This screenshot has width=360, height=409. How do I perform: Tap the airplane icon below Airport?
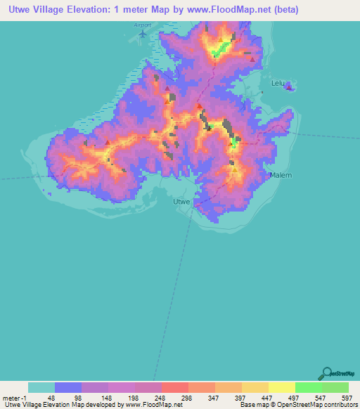pyautogui.click(x=143, y=33)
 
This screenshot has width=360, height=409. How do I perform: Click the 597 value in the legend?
pyautogui.click(x=347, y=398)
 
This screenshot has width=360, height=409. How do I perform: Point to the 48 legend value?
pyautogui.click(x=51, y=398)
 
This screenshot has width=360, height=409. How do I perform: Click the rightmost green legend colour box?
pyautogui.click(x=335, y=387)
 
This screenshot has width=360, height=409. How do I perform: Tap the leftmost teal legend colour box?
pyautogui.click(x=41, y=387)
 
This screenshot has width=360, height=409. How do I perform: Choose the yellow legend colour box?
pyautogui.click(x=282, y=387)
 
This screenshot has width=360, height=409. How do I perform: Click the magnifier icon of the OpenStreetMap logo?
pyautogui.click(x=326, y=372)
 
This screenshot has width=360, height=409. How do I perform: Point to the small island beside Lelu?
pyautogui.click(x=289, y=86)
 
